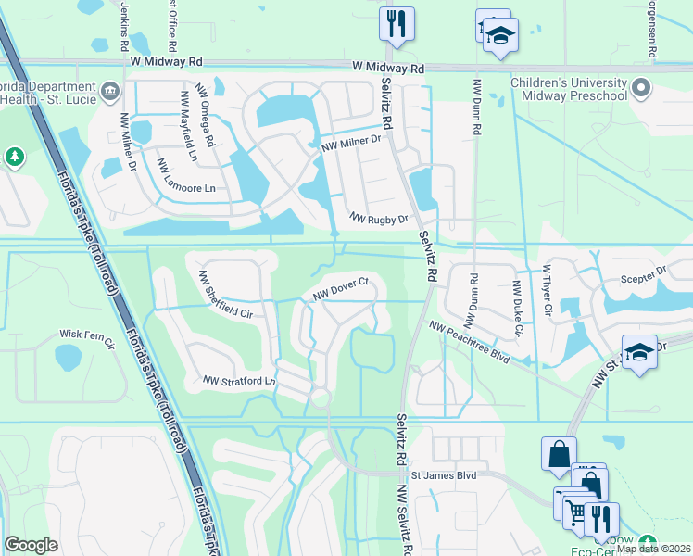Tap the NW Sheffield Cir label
click(225, 294)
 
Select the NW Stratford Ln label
click(240, 381)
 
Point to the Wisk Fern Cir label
click(85, 335)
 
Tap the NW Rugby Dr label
click(379, 219)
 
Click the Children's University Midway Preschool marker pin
click(641, 90)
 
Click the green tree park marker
click(15, 158)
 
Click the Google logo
click(31, 545)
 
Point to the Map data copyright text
click(653, 549)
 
